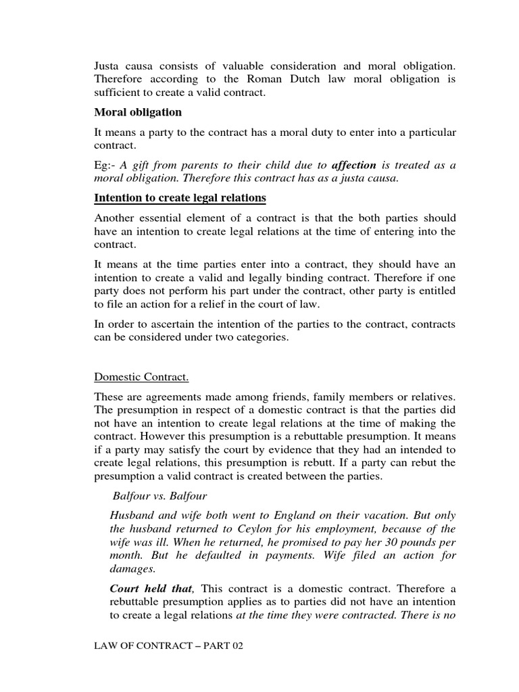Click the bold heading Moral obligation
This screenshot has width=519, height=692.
point(138,112)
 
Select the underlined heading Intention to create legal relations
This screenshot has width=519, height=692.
point(180,198)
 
